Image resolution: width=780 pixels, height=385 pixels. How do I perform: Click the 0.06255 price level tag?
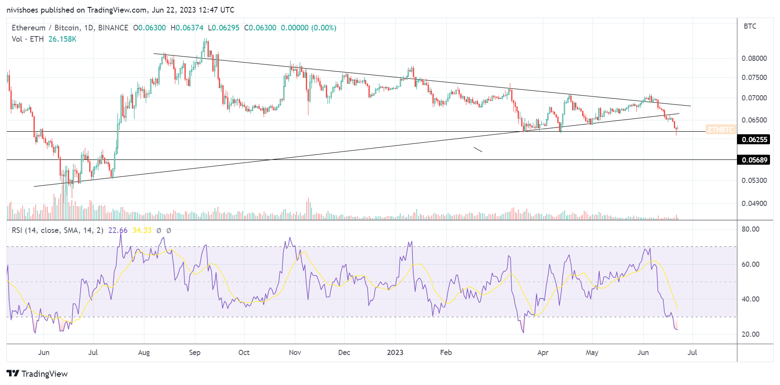coord(754,139)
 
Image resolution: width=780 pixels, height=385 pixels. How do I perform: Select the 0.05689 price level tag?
coord(754,160)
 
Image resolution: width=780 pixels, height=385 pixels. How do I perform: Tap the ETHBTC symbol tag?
coord(720,129)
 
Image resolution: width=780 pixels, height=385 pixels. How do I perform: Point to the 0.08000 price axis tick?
coord(754,58)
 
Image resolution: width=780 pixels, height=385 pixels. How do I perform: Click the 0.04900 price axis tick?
coord(754,203)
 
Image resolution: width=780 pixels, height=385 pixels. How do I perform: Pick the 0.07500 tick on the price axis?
coord(754,77)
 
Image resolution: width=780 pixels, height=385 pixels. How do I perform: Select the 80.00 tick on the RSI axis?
coord(750,229)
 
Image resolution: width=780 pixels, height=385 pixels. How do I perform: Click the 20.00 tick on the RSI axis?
coord(750,334)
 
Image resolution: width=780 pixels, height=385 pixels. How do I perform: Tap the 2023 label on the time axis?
coord(395,352)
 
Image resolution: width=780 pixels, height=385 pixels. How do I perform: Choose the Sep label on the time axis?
coord(194,352)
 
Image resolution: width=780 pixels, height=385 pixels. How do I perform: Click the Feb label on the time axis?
coord(445,352)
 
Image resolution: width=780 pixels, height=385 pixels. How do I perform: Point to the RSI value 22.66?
coord(117,230)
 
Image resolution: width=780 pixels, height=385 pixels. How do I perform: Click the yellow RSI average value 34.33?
coord(142,230)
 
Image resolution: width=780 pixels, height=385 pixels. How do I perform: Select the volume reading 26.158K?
coord(62,39)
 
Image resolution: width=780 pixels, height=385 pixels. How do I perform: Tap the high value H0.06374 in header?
coord(187,28)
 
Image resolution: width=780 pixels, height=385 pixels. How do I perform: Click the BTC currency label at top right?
coord(750,26)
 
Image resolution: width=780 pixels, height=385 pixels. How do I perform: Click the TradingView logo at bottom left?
coord(37,374)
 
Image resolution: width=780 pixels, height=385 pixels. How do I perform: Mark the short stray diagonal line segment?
coord(478,149)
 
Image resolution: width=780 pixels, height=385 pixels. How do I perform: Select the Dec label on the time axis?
coord(344,352)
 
